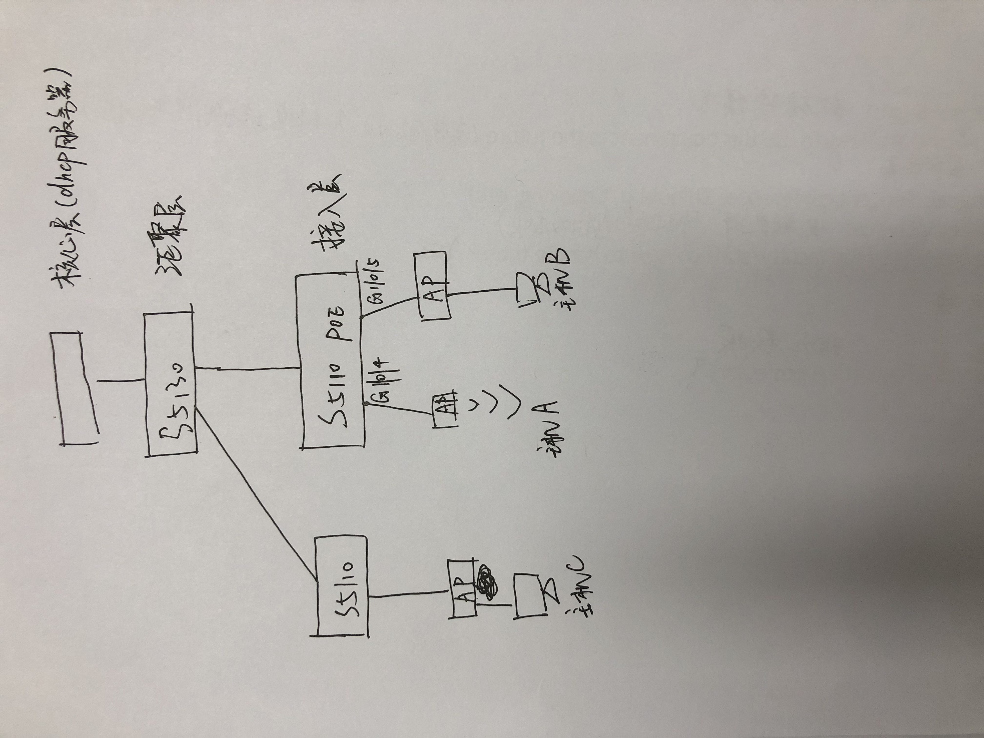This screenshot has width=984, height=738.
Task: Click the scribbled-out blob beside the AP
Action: pos(488,583)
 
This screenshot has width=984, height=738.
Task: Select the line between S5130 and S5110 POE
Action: pos(247,368)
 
